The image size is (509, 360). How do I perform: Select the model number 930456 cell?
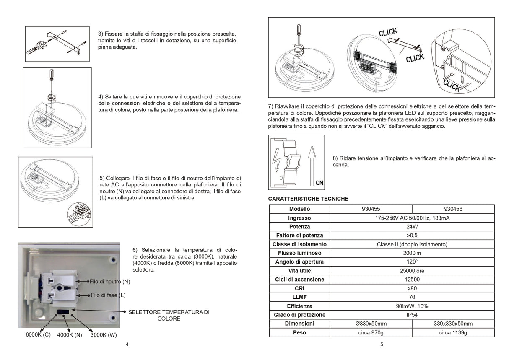[x=453, y=209]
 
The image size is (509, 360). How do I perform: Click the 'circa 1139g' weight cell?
[x=453, y=332]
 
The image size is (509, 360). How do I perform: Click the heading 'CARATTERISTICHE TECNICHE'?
[x=308, y=199]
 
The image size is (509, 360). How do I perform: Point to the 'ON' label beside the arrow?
[x=319, y=183]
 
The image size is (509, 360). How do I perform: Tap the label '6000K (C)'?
[x=38, y=334]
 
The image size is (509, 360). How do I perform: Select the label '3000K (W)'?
[x=104, y=335]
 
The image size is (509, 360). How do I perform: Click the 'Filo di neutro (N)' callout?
[x=110, y=282]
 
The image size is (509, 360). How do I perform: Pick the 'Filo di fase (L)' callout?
[x=108, y=295]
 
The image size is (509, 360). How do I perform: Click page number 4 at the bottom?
[x=127, y=344]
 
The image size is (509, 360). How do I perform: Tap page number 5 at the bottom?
[x=382, y=344]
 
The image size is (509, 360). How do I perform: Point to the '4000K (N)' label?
[x=70, y=335]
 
